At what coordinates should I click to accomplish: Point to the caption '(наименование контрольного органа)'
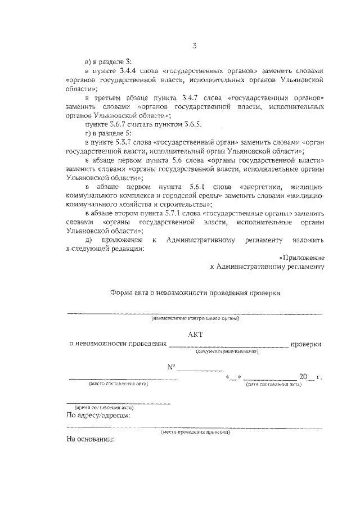coord(195,319)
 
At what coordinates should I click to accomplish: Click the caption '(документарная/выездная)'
coord(227,351)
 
